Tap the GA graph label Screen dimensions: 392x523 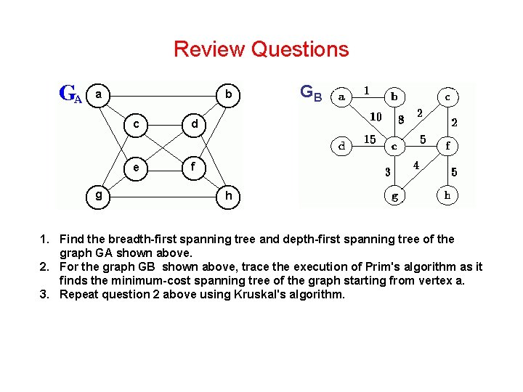(70, 94)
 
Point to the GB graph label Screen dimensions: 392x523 (310, 92)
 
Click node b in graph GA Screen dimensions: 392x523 (228, 94)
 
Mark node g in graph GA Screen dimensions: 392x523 (99, 195)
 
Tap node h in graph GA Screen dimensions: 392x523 (228, 196)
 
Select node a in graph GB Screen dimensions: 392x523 (341, 96)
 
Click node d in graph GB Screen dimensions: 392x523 (341, 146)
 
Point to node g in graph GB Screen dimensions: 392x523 (394, 195)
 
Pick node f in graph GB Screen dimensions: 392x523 (447, 145)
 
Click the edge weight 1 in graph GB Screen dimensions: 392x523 (367, 91)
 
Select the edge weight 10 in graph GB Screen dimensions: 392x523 (376, 116)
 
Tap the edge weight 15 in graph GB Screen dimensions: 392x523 (369, 139)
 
